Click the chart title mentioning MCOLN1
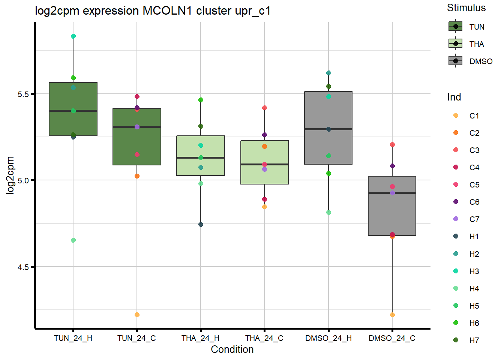(153, 11)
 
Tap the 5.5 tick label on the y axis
(23, 94)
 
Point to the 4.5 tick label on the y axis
(23, 267)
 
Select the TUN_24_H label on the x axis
(73, 338)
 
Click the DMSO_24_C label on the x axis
(392, 338)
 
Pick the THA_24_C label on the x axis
(264, 338)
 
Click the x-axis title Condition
(232, 349)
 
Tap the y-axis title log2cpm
(10, 175)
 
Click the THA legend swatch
(456, 44)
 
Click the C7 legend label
(474, 219)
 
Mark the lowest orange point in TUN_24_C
(137, 315)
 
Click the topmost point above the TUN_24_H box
(73, 36)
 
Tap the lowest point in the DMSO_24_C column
(392, 315)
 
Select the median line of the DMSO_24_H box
(328, 129)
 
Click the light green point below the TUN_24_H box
(73, 240)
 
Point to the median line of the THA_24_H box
(201, 157)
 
